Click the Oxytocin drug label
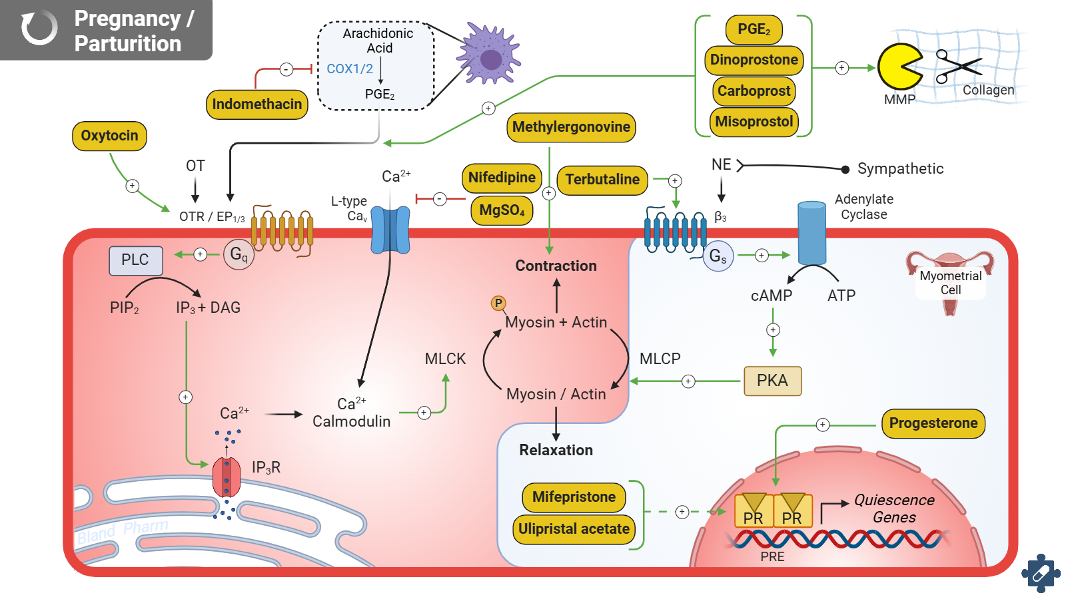click(109, 136)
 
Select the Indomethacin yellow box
click(257, 104)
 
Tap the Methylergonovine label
click(571, 127)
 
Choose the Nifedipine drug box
click(502, 178)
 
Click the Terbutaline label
click(602, 180)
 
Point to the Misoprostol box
click(754, 122)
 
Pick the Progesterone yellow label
click(933, 423)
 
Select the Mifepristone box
click(574, 497)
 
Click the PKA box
click(772, 381)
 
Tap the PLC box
click(135, 260)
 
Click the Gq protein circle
click(239, 254)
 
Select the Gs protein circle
click(718, 256)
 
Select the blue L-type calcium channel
click(390, 230)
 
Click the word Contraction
click(556, 266)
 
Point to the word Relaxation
click(556, 451)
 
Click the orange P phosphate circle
click(498, 303)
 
